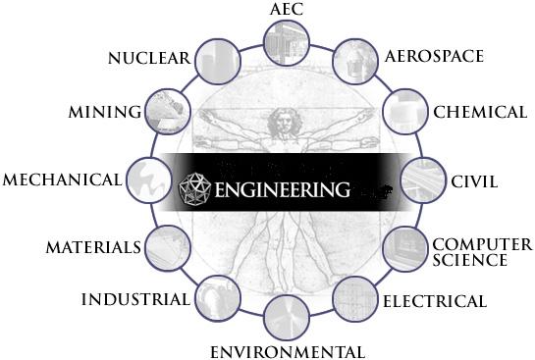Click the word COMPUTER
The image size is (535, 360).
(x=483, y=244)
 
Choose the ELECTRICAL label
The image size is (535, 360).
(x=435, y=300)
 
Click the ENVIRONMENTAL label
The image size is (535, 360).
(x=288, y=351)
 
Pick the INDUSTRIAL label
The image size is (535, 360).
(x=135, y=298)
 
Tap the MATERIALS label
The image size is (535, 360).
(x=93, y=246)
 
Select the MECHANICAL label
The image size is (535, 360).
(x=63, y=180)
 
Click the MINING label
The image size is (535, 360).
(x=105, y=112)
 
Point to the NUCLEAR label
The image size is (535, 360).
(x=148, y=58)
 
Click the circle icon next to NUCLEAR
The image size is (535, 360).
(x=218, y=62)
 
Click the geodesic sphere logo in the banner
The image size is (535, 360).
(x=194, y=185)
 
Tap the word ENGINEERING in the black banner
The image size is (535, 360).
(x=278, y=186)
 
